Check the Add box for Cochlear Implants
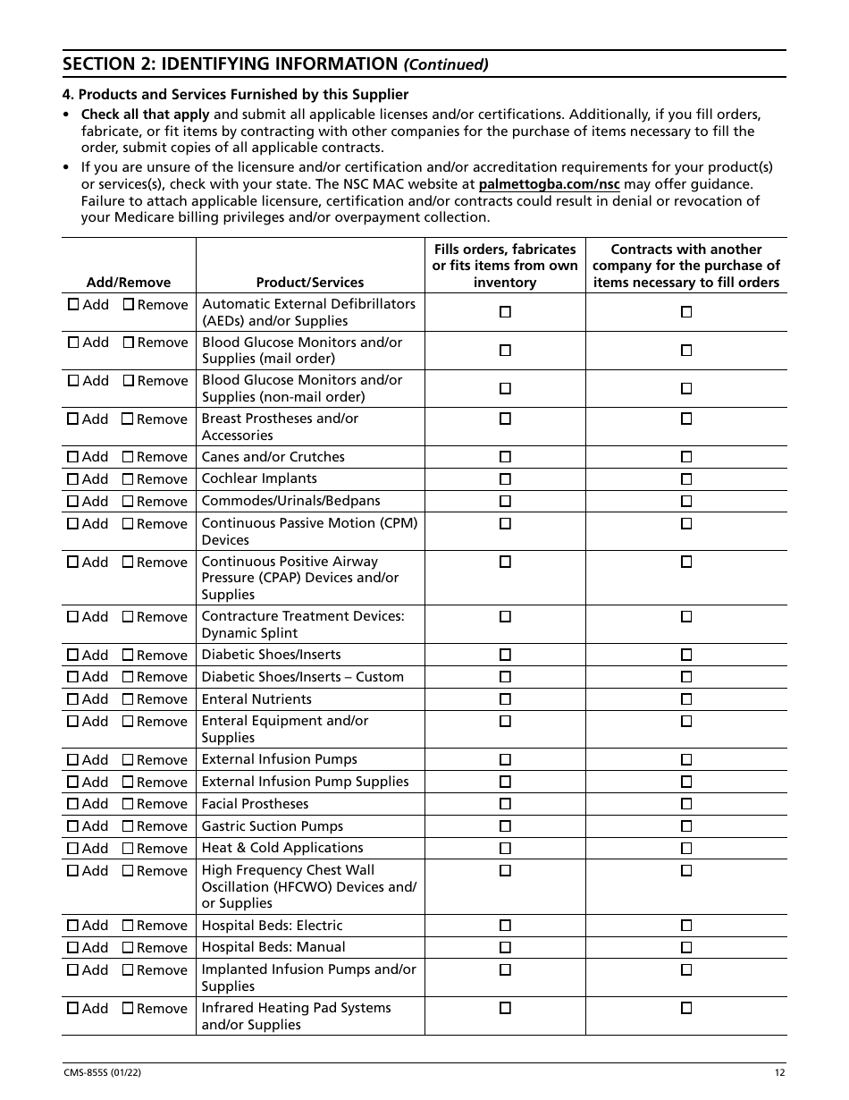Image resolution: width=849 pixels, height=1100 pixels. [x=73, y=479]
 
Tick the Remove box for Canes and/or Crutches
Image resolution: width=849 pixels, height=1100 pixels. [x=128, y=457]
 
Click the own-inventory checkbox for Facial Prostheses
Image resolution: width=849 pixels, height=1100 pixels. [x=505, y=804]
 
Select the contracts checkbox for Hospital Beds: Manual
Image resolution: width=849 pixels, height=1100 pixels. [x=686, y=947]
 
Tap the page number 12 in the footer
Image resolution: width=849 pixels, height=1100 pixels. [x=780, y=1073]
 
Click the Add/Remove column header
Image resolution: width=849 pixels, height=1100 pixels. [x=128, y=283]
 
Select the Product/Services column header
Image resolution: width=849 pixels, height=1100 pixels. [x=309, y=283]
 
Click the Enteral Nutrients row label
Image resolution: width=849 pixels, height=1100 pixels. [x=256, y=699]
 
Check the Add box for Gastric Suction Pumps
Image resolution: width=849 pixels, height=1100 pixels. [x=73, y=826]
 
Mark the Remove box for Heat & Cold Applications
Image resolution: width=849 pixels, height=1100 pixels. [x=128, y=849]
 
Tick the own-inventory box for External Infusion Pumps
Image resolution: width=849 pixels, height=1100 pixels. [x=505, y=759]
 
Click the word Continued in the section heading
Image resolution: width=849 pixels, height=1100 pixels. [x=446, y=64]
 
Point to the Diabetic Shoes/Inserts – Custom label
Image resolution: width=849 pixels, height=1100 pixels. [x=302, y=677]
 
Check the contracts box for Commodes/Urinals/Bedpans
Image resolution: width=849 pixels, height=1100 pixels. [x=686, y=501]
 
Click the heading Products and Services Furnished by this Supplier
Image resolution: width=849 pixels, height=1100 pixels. [x=236, y=94]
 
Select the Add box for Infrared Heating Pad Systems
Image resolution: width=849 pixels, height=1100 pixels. [x=73, y=1008]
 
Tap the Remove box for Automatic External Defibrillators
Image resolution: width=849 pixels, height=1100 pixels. [x=128, y=304]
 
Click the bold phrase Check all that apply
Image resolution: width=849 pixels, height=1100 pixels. [x=146, y=114]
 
